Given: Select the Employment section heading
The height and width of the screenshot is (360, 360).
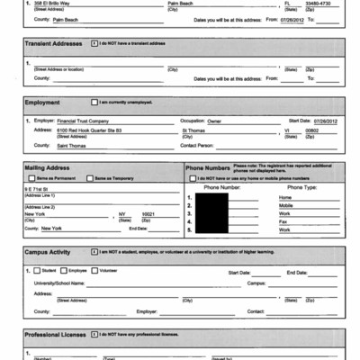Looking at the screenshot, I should (x=42, y=103).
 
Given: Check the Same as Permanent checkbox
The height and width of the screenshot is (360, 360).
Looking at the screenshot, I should (x=32, y=179).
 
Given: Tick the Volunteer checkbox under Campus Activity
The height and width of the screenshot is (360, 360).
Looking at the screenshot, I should (x=94, y=270).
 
